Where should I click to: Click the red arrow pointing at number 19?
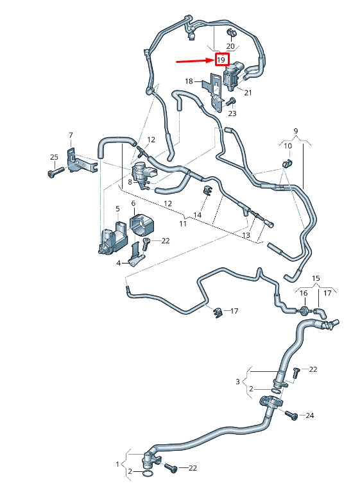click(196, 61)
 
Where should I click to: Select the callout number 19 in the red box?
click(221, 60)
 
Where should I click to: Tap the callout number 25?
click(54, 157)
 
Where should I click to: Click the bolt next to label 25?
click(56, 172)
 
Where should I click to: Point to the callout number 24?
click(310, 415)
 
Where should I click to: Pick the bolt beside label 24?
click(291, 415)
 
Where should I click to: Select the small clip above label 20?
click(230, 31)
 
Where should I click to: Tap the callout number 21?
click(248, 92)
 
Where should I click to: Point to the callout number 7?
click(71, 135)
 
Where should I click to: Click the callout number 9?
click(295, 131)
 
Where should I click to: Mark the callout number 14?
click(198, 215)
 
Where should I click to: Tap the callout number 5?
click(117, 208)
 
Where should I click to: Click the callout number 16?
click(304, 293)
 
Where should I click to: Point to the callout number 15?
click(316, 278)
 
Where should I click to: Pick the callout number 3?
click(237, 381)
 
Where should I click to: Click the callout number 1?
click(117, 464)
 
